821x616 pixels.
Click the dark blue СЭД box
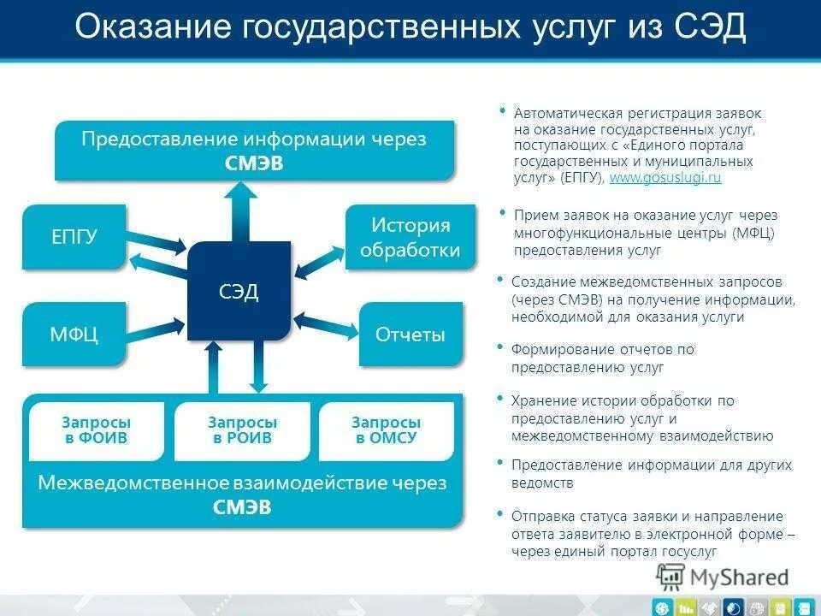[239, 291]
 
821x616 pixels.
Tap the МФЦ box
[74, 333]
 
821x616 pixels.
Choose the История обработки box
[410, 237]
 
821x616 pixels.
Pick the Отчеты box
[410, 334]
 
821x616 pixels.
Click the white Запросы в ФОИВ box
[97, 430]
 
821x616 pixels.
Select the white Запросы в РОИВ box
[242, 430]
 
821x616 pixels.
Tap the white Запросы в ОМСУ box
[387, 430]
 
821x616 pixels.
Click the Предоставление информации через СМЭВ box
[254, 151]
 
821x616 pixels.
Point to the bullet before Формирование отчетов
[499, 348]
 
